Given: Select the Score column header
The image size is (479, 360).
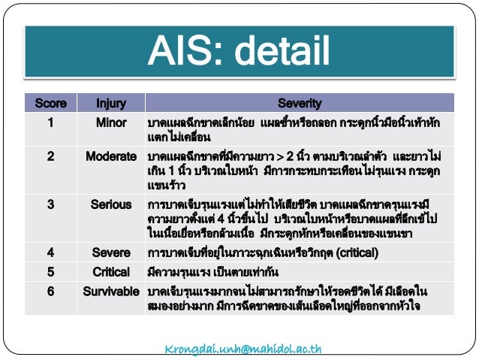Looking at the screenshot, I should point(50,103).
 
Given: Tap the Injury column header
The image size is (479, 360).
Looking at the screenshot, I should point(111,103).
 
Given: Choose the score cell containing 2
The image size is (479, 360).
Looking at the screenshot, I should point(50,158).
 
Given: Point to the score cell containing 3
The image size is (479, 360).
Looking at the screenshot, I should point(50,204).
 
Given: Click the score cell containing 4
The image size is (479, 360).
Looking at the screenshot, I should point(50,253).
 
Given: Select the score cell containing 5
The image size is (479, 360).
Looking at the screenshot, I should point(50,271).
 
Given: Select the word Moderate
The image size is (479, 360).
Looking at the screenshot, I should point(111,158).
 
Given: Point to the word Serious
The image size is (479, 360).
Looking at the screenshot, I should point(111,204).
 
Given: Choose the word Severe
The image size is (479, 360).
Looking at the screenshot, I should point(111,253).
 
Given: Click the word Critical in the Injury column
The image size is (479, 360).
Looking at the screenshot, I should point(111,271).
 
